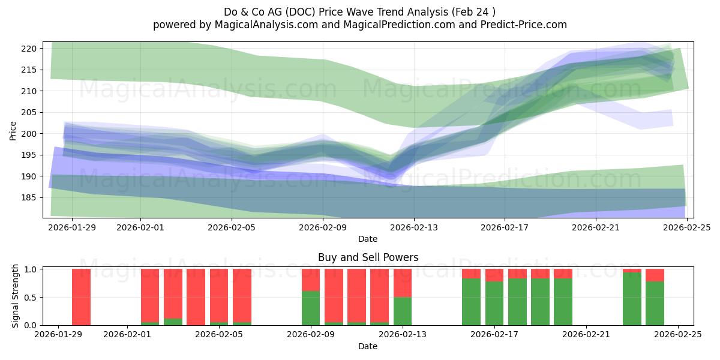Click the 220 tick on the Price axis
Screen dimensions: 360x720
tap(31, 49)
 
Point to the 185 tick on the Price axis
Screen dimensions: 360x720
tap(31, 197)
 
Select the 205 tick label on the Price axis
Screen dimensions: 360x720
tap(31, 112)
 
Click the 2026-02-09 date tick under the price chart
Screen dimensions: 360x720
tap(323, 227)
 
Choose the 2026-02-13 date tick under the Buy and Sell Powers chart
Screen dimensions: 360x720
tap(403, 335)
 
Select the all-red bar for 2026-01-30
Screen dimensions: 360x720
tap(81, 297)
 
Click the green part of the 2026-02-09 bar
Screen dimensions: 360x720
tap(311, 308)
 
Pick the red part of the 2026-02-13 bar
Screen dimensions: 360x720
tap(403, 283)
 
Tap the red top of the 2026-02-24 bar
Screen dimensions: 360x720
tap(655, 275)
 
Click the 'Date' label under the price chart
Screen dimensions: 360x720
tap(368, 239)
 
